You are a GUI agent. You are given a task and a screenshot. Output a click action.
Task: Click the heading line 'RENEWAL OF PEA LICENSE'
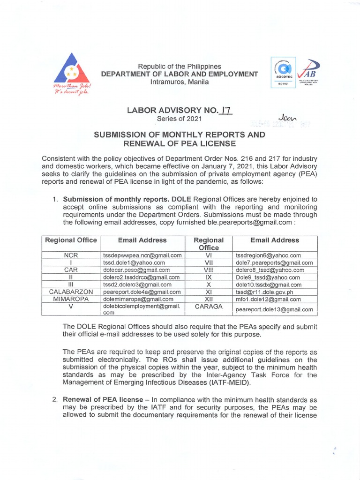coord(180,143)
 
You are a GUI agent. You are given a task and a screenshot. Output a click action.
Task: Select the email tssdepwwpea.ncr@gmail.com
coord(142,255)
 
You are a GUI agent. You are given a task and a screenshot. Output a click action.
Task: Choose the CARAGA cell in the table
coord(209,307)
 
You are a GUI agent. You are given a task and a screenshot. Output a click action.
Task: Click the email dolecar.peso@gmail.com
coord(136,270)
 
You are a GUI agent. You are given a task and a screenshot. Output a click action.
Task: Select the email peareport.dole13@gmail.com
coord(274,309)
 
